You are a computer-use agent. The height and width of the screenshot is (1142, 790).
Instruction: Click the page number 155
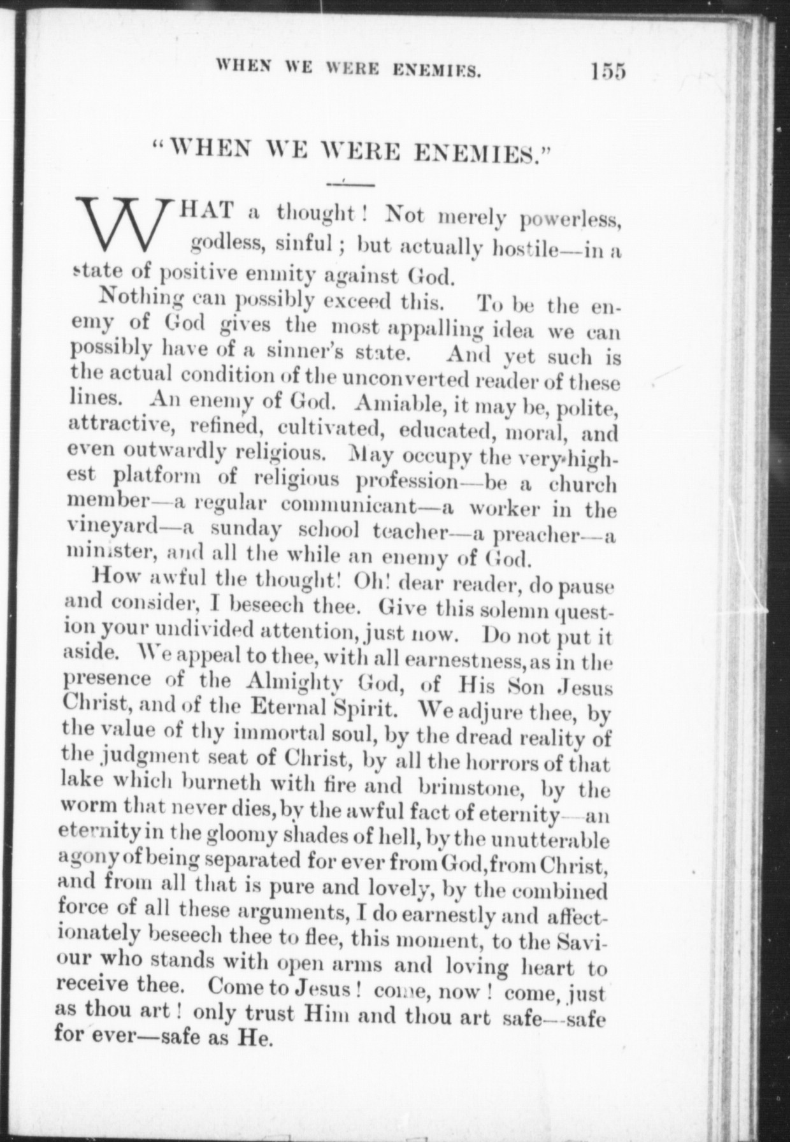click(608, 69)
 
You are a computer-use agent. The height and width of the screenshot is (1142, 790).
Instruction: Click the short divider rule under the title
click(349, 185)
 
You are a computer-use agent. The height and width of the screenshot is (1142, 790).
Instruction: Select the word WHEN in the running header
click(243, 66)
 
